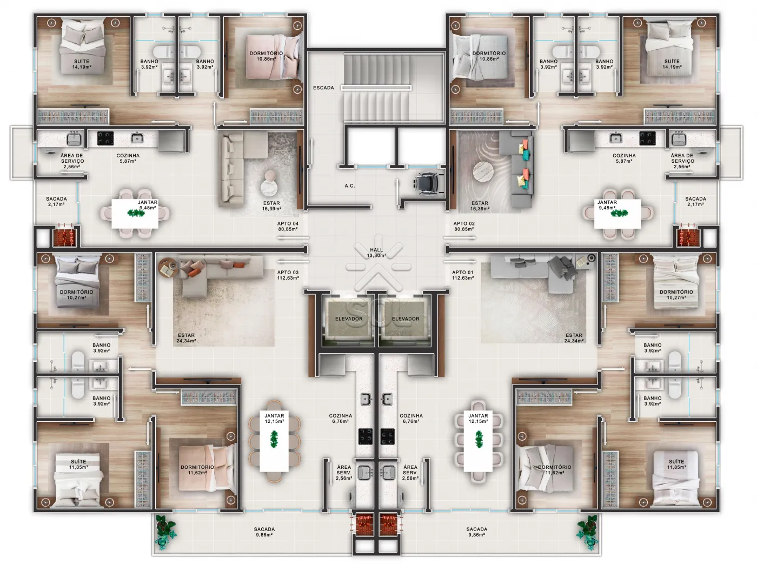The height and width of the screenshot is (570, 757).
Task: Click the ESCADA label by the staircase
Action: coord(323,88)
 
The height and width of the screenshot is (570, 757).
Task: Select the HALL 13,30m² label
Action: coord(376,253)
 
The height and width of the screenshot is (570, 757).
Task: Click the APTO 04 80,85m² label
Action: coord(288,226)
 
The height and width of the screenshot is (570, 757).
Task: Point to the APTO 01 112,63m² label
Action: coord(463,275)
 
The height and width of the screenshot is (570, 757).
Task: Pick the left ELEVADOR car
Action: coord(349,319)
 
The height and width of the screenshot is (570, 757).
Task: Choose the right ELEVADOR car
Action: coord(406,319)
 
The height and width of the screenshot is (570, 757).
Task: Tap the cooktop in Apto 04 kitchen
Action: coord(105,138)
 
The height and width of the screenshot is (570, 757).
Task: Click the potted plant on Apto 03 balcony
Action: coord(165,532)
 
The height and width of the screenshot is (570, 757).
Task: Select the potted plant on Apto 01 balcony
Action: coord(587,532)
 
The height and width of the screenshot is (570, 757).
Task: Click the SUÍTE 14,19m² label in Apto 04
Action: coord(82,64)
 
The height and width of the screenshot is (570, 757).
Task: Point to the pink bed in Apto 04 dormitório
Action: coord(273,58)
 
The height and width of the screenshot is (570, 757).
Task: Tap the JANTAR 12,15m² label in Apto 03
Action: coord(274,419)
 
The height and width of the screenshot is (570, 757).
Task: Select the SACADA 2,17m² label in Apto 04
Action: coord(57,202)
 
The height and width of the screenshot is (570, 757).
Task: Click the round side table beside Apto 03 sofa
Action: coord(168,268)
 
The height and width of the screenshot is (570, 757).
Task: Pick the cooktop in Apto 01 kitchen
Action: coord(388,436)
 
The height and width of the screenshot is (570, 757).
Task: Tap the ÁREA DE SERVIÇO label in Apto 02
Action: coord(682,161)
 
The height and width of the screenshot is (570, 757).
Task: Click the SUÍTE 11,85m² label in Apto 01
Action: coord(676,465)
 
